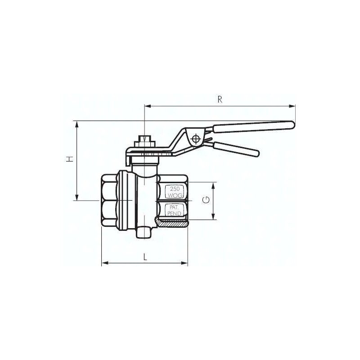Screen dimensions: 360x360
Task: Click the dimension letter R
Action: (220, 99)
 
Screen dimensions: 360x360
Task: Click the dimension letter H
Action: (70, 159)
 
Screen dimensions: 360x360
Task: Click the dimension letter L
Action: (145, 256)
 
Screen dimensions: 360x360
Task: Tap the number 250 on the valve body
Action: (174, 189)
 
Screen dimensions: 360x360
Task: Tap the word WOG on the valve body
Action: (174, 195)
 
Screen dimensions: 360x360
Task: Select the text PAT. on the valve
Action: (173, 207)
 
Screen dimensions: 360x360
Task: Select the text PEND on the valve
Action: (174, 213)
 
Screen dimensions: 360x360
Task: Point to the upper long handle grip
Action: (254, 127)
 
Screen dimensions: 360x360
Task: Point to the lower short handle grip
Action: (236, 149)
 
